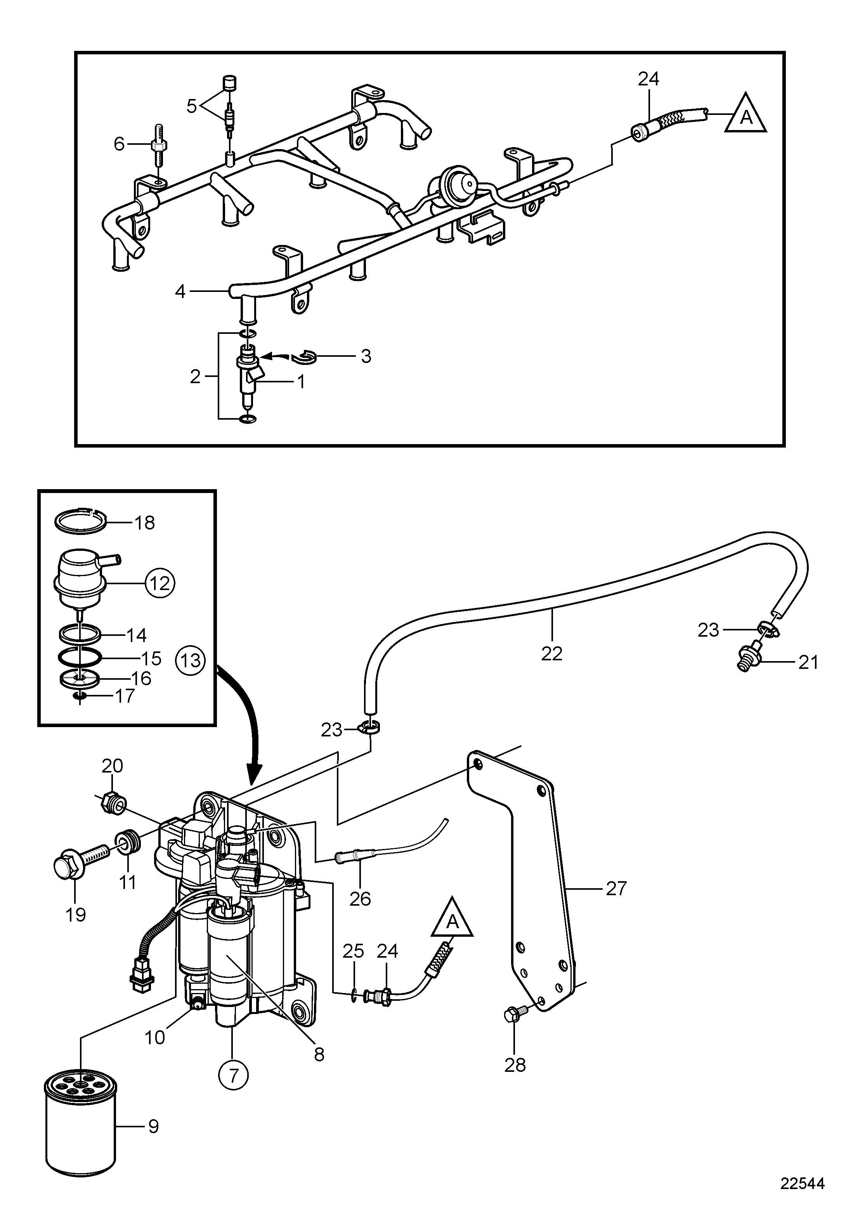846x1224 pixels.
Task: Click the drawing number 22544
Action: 802,1184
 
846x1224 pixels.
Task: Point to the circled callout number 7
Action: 233,1076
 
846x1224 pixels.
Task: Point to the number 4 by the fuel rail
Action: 180,292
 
